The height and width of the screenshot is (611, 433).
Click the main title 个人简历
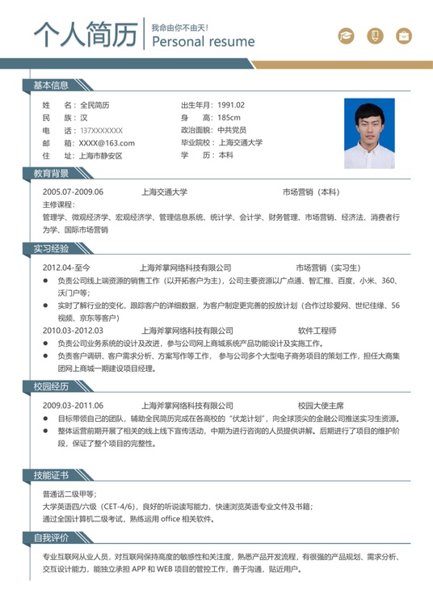(x=85, y=35)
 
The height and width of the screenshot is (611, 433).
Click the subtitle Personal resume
(x=203, y=41)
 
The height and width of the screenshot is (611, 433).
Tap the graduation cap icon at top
(x=346, y=36)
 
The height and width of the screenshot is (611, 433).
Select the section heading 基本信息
(x=50, y=86)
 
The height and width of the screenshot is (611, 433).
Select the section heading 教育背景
(x=50, y=174)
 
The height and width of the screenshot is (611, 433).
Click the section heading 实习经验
(x=50, y=248)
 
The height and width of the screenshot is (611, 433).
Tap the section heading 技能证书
(x=50, y=474)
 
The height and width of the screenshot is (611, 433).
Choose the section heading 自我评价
(x=50, y=537)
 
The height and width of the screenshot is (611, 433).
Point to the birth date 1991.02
(x=231, y=105)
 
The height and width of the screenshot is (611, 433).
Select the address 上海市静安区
(x=100, y=155)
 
